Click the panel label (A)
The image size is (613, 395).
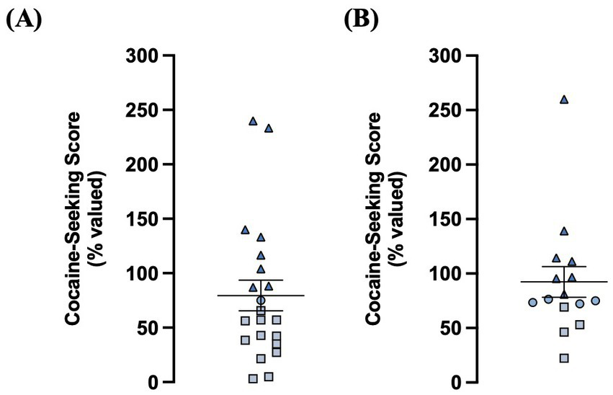24,19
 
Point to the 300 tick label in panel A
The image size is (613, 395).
144,56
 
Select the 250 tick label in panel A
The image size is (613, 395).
144,110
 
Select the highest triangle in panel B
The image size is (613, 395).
564,99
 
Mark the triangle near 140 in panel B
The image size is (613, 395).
564,231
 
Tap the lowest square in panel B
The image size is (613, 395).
564,358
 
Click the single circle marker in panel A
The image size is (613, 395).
261,300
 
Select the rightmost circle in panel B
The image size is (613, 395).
596,301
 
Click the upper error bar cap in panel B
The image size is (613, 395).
564,267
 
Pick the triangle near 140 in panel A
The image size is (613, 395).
245,231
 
